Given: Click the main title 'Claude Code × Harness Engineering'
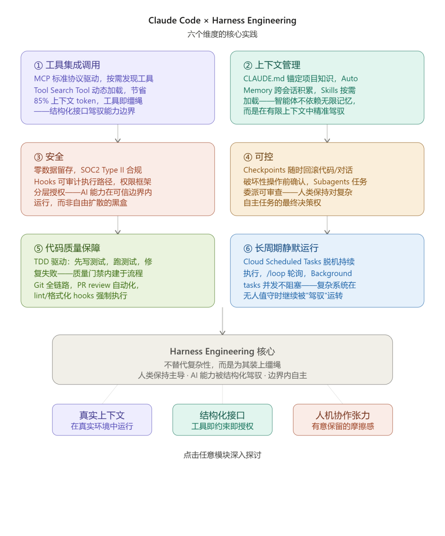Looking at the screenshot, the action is (222, 21).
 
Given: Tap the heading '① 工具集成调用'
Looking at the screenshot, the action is (67, 65).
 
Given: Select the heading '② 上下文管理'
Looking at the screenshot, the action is (272, 65).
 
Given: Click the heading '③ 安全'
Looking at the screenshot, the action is (49, 157).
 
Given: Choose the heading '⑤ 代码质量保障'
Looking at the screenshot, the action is (67, 248).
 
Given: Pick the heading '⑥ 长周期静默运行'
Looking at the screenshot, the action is (281, 248).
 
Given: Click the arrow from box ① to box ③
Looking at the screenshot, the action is (118, 133).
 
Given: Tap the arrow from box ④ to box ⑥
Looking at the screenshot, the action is (327, 225).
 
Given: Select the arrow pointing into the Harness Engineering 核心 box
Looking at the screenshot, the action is (222, 321).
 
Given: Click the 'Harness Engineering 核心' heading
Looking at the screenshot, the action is (222, 352).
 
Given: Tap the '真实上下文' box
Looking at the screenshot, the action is (102, 420).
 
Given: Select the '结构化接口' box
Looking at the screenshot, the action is (222, 420).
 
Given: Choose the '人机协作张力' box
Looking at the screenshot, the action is (343, 420).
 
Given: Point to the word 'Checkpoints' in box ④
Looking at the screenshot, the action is (264, 170).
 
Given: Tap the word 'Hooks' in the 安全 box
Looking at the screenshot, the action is (45, 182).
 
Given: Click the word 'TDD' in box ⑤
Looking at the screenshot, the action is (41, 262).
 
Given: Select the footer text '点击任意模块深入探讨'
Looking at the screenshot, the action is (222, 455).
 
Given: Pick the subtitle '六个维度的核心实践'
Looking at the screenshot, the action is (222, 34).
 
